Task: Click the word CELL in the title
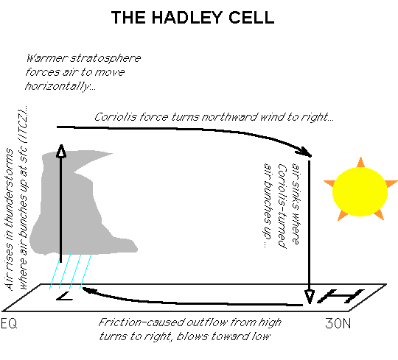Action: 251,18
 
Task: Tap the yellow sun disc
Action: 360,191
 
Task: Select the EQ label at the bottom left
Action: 9,323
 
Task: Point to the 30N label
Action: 338,323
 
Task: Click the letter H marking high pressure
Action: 341,296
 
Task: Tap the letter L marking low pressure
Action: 65,296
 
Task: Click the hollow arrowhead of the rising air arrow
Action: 61,151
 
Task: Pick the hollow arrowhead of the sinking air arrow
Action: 310,297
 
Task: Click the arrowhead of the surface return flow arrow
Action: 88,290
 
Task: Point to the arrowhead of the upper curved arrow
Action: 304,152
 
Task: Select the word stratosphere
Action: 105,59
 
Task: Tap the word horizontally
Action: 60,86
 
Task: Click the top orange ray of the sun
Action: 360,162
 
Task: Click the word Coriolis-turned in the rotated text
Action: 282,206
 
